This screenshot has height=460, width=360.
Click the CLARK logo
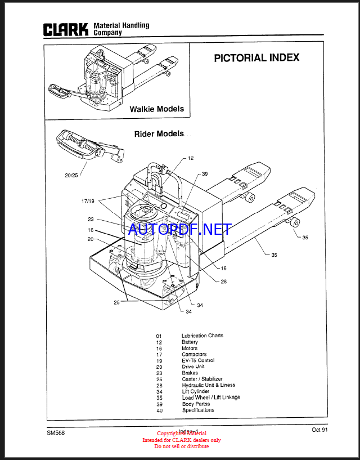coord(66,29)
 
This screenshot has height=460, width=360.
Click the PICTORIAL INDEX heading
coord(256,57)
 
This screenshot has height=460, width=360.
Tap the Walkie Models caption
coord(157,109)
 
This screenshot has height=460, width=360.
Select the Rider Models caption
coord(159,134)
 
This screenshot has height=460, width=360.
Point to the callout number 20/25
coord(71,176)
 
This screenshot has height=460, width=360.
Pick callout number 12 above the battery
coord(191,158)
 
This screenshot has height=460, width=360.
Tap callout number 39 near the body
coord(205,174)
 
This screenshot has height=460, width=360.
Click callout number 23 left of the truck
coord(90,220)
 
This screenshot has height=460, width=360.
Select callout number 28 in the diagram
coord(223,282)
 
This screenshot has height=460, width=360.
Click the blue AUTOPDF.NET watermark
coord(179,229)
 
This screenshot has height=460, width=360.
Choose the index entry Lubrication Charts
coord(202,336)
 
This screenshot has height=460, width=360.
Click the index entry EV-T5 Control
coord(197,360)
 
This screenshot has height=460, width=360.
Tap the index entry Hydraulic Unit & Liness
coord(208,385)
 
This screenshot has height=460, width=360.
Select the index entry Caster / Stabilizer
coord(202,379)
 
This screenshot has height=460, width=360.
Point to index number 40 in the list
coord(159,410)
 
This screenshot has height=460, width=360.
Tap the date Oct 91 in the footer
coord(319,430)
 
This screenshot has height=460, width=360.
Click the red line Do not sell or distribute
coord(182,446)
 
